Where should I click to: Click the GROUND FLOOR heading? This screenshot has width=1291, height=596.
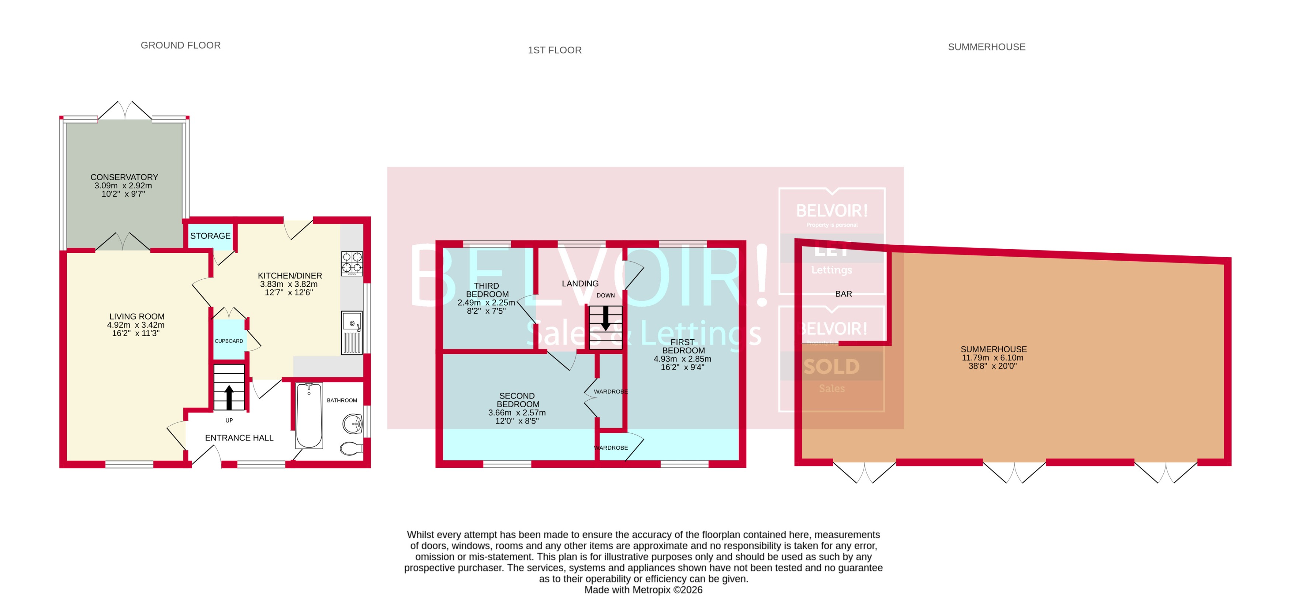pyautogui.click(x=180, y=45)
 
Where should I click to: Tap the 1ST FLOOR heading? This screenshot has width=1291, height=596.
pyautogui.click(x=554, y=50)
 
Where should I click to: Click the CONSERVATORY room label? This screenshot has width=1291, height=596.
pyautogui.click(x=124, y=177)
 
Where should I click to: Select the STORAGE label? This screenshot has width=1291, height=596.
pyautogui.click(x=210, y=236)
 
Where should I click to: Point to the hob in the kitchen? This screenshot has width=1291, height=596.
pyautogui.click(x=352, y=264)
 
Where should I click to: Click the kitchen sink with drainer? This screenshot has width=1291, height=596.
pyautogui.click(x=352, y=333)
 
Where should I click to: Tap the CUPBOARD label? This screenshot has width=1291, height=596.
pyautogui.click(x=229, y=341)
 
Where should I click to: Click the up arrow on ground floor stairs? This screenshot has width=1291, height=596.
pyautogui.click(x=229, y=397)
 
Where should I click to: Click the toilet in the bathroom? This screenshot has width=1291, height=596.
pyautogui.click(x=351, y=448)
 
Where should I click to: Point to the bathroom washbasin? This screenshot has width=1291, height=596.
pyautogui.click(x=353, y=424)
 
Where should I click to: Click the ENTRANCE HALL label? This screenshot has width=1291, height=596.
pyautogui.click(x=239, y=438)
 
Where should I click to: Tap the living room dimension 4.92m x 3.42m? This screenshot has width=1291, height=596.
pyautogui.click(x=136, y=325)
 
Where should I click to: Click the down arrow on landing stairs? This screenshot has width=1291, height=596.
pyautogui.click(x=605, y=318)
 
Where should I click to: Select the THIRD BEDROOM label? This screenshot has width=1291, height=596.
pyautogui.click(x=487, y=290)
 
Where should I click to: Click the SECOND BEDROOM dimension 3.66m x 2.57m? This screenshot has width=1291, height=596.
pyautogui.click(x=517, y=413)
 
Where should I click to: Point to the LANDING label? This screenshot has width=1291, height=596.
pyautogui.click(x=580, y=283)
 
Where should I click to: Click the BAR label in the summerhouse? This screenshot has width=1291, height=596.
pyautogui.click(x=843, y=294)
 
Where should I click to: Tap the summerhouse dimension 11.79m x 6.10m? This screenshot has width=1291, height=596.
pyautogui.click(x=992, y=358)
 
